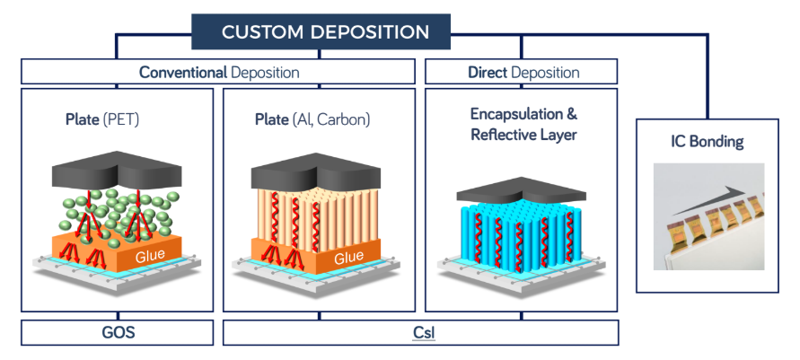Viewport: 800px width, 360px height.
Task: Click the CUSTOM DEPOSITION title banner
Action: click(x=321, y=31)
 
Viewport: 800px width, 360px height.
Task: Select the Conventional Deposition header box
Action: click(x=218, y=72)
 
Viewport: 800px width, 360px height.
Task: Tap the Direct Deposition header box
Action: click(x=521, y=72)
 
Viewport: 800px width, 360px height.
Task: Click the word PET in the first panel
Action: click(x=120, y=119)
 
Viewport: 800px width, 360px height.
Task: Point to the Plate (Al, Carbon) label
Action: click(x=312, y=119)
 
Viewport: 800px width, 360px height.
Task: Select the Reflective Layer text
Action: click(x=523, y=135)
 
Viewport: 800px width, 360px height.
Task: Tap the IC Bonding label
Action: click(x=708, y=141)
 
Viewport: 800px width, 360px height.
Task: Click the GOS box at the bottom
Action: click(x=118, y=332)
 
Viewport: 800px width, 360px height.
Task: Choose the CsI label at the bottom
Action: click(x=424, y=333)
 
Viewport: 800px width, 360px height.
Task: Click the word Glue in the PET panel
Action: click(x=150, y=255)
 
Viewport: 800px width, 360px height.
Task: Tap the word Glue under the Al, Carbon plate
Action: click(x=349, y=257)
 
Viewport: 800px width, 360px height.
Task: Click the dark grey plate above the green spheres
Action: click(x=117, y=170)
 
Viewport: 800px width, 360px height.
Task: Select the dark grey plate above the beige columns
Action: click(x=316, y=171)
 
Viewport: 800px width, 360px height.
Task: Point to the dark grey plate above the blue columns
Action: click(x=521, y=191)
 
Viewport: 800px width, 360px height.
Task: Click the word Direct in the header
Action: click(x=488, y=73)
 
